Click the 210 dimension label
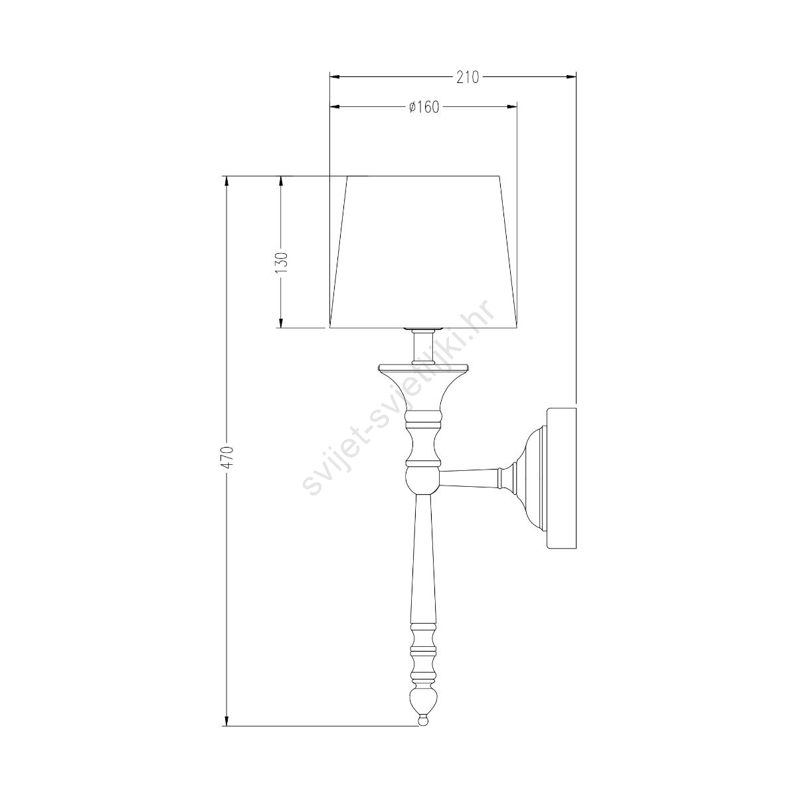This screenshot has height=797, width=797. pos(468,77)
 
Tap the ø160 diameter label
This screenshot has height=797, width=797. pos(424,107)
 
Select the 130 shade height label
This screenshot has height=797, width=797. pos(281,262)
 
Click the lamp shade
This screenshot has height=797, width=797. pos(424,252)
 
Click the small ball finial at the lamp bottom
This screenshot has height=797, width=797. pos(422,695)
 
